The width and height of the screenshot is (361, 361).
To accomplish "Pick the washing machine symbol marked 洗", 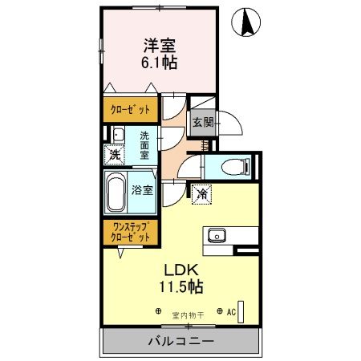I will [116, 153].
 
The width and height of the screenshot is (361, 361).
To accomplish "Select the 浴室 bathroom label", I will [142, 191].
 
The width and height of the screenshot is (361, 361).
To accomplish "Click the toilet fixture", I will [230, 166].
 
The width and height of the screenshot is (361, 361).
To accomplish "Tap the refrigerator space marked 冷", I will [202, 193].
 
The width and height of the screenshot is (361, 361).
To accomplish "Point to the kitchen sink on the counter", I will [217, 235].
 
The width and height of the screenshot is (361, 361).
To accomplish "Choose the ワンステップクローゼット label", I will [130, 233].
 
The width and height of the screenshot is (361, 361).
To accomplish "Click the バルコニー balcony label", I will [180, 342].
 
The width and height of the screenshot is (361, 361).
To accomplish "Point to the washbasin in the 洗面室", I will [117, 134].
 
